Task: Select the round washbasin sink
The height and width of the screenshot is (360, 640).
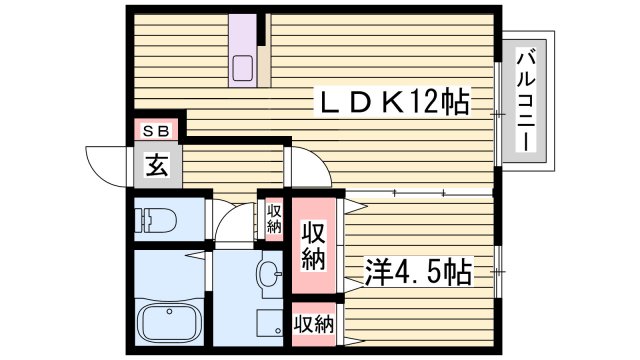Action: pos(268,273)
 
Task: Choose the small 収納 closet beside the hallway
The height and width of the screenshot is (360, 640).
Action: pos(273,218)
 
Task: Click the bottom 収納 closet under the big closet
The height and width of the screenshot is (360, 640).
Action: pos(314,323)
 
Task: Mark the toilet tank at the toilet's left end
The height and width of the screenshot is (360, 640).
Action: pos(144,219)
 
